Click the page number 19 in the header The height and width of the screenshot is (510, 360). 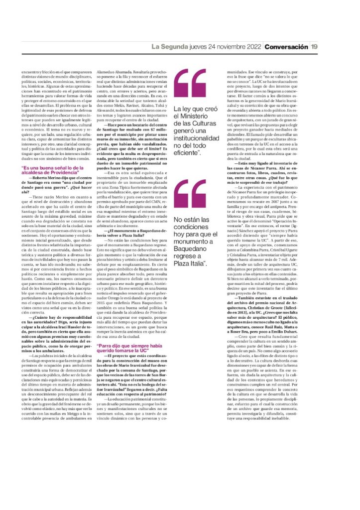pos(314,47)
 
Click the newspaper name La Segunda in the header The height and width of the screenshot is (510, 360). pos(170,47)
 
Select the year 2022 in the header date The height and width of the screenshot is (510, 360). pos(250,47)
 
